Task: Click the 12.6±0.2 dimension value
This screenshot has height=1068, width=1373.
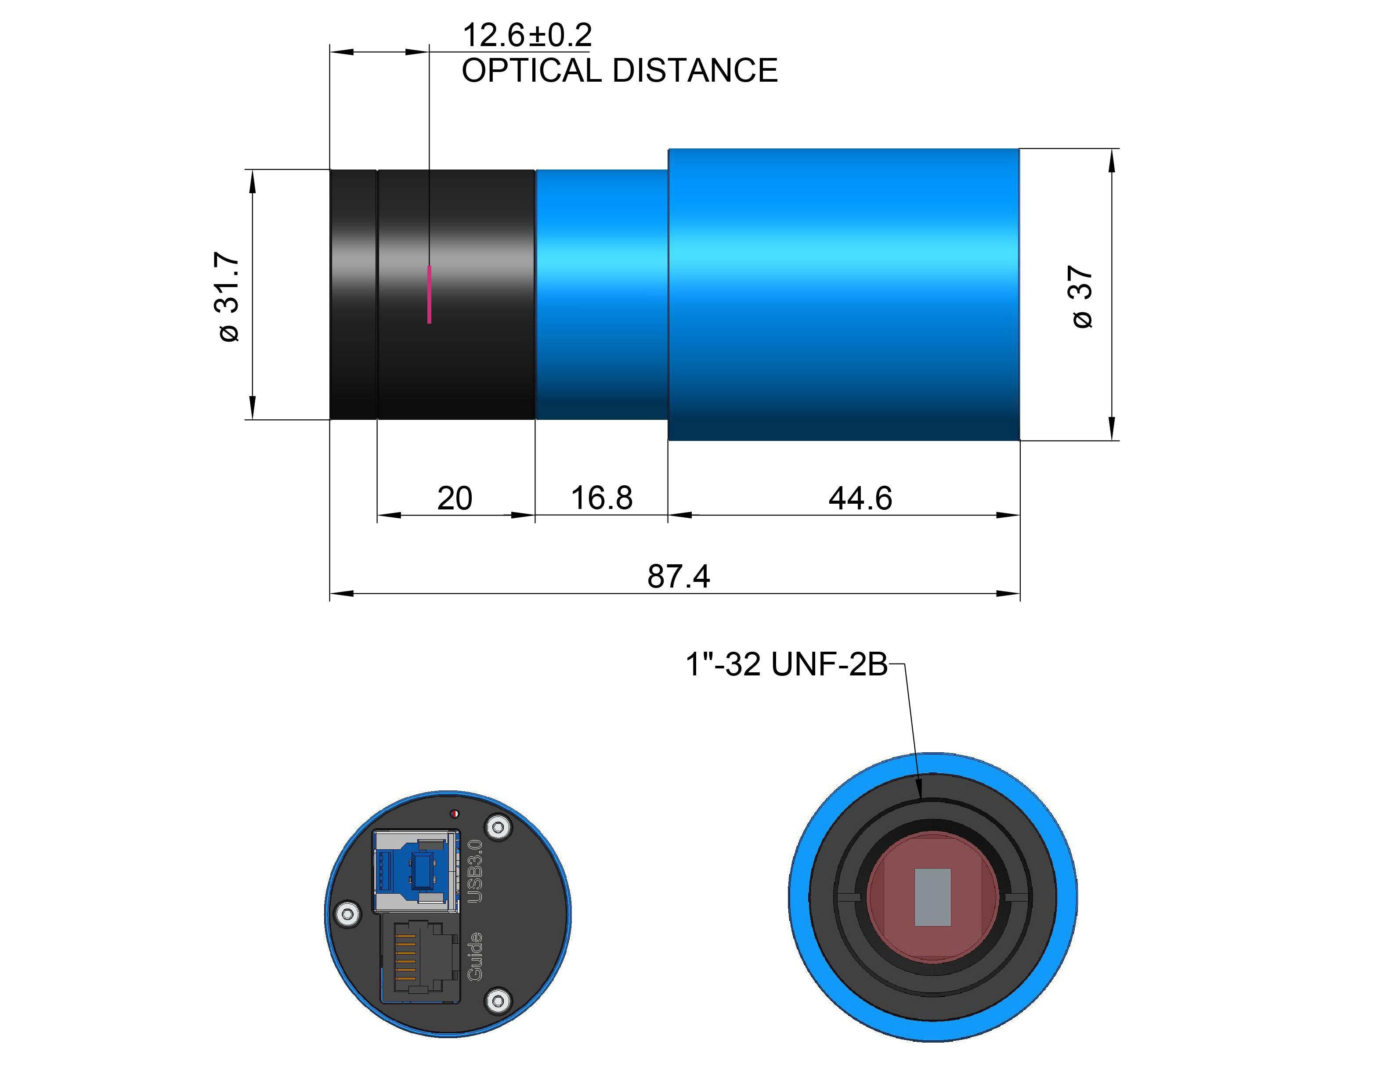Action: pyautogui.click(x=527, y=35)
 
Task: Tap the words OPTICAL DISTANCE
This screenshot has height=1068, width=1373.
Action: pyautogui.click(x=619, y=70)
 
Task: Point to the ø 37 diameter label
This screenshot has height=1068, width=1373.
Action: pyautogui.click(x=1083, y=297)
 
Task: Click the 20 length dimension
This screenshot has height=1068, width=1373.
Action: pyautogui.click(x=455, y=498)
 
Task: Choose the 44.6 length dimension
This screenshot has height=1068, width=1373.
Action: pyautogui.click(x=860, y=498)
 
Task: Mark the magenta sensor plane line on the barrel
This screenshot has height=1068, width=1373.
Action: pyautogui.click(x=430, y=294)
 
